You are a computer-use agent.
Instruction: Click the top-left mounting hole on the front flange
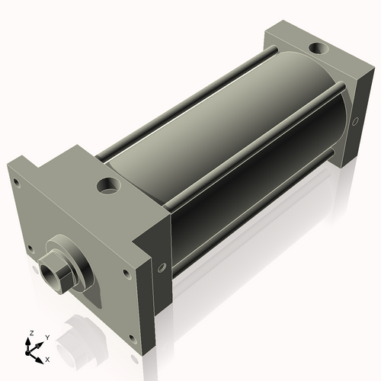pyautogui.click(x=16, y=182)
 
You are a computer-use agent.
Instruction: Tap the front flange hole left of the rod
pyautogui.click(x=30, y=247)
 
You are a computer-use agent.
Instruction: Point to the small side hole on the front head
pyautogui.click(x=162, y=267)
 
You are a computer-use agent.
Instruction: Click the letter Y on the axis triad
pyautogui.click(x=47, y=337)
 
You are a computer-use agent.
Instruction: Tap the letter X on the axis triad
pyautogui.click(x=47, y=358)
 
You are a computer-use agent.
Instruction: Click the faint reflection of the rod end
pyautogui.click(x=72, y=335)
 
